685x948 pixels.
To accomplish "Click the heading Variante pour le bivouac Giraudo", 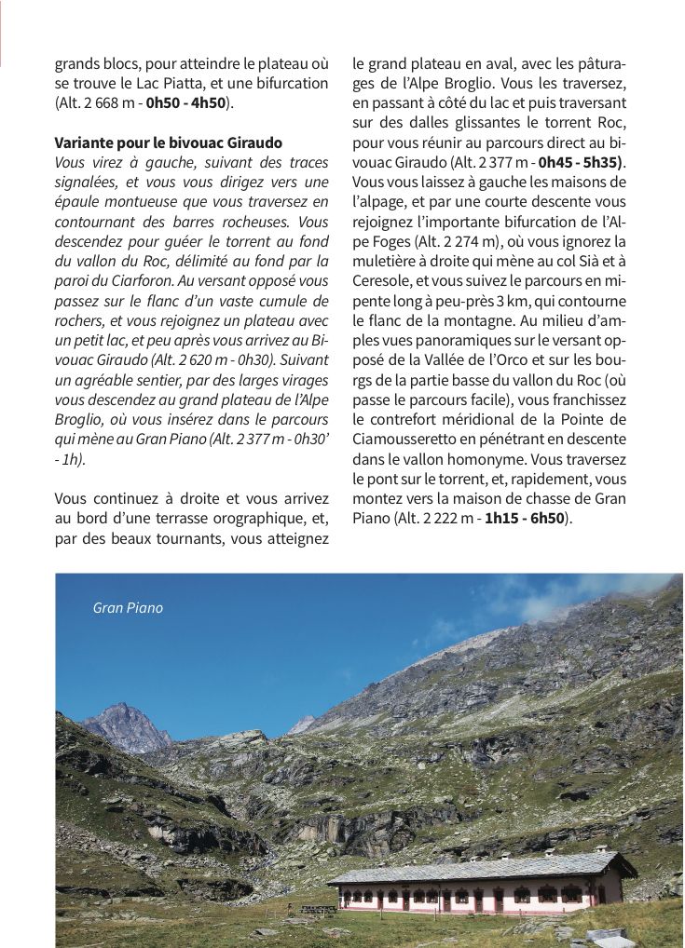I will tap(169, 142).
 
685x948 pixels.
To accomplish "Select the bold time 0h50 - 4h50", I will tap(185, 102).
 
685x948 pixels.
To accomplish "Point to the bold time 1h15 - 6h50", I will tap(524, 518).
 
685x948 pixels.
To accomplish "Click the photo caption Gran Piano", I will tap(128, 608).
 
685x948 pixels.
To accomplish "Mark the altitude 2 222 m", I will tap(437, 518).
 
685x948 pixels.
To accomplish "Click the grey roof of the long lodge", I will tap(480, 867).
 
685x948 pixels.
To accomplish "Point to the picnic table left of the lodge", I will tap(317, 909).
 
